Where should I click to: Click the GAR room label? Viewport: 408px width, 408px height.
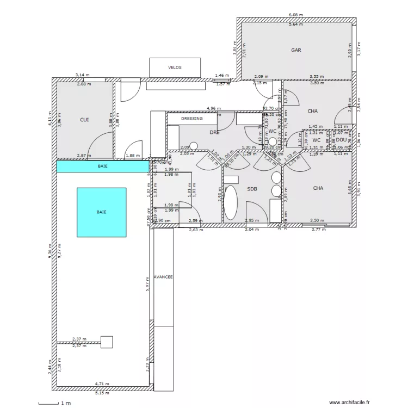[296, 50]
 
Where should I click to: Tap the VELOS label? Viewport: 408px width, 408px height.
[175, 67]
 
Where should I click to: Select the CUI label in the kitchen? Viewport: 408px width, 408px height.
[84, 119]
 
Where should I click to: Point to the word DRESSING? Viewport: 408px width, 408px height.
[191, 118]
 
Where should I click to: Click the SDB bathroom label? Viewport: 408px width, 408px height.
[252, 189]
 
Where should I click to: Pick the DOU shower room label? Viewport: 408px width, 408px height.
[341, 140]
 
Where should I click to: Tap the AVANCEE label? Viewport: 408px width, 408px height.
[163, 277]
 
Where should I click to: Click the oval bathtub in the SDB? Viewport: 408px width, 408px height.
[231, 203]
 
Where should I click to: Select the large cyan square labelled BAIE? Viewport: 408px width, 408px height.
[102, 212]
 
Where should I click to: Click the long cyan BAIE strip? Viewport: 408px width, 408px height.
[102, 166]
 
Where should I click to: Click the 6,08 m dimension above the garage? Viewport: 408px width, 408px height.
[296, 15]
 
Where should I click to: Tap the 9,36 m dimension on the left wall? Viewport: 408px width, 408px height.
[50, 251]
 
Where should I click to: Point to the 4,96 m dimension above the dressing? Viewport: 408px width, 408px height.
[213, 108]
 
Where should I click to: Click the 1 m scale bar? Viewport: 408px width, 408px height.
[57, 403]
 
